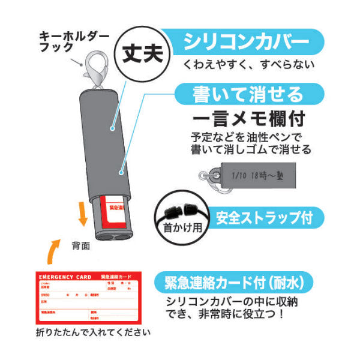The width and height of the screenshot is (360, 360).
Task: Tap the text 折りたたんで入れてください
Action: tap(93, 332)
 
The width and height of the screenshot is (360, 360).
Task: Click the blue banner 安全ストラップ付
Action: tap(263, 215)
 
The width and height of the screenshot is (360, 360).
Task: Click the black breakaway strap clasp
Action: tap(180, 212)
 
